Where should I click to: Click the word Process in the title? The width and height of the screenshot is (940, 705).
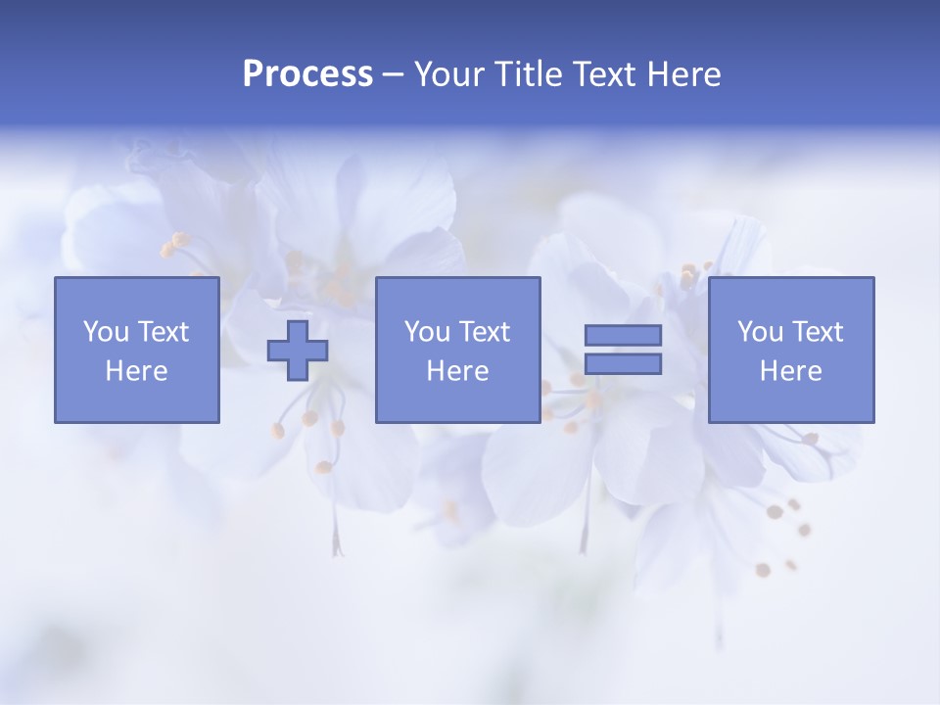click(307, 74)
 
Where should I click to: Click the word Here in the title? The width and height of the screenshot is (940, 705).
click(684, 74)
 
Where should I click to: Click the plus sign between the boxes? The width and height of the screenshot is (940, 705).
click(298, 351)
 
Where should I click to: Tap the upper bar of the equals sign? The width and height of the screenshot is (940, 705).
click(623, 335)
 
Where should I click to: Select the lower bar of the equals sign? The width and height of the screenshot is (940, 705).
click(623, 364)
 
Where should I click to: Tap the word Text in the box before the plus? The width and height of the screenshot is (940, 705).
click(163, 332)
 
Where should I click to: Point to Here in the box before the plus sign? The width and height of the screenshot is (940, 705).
click(136, 371)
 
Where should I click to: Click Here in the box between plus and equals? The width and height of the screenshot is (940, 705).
click(457, 371)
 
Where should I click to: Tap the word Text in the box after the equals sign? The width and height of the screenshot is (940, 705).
click(817, 332)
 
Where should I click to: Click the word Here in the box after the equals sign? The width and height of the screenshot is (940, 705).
click(791, 371)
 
